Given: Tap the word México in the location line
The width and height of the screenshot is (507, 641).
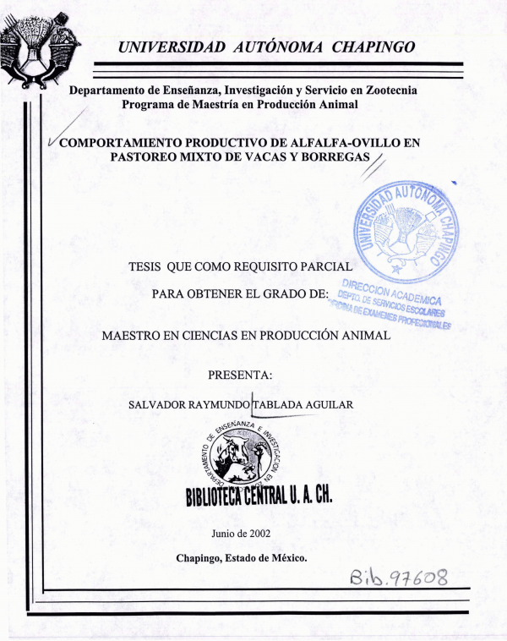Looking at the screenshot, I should pos(286,558).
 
